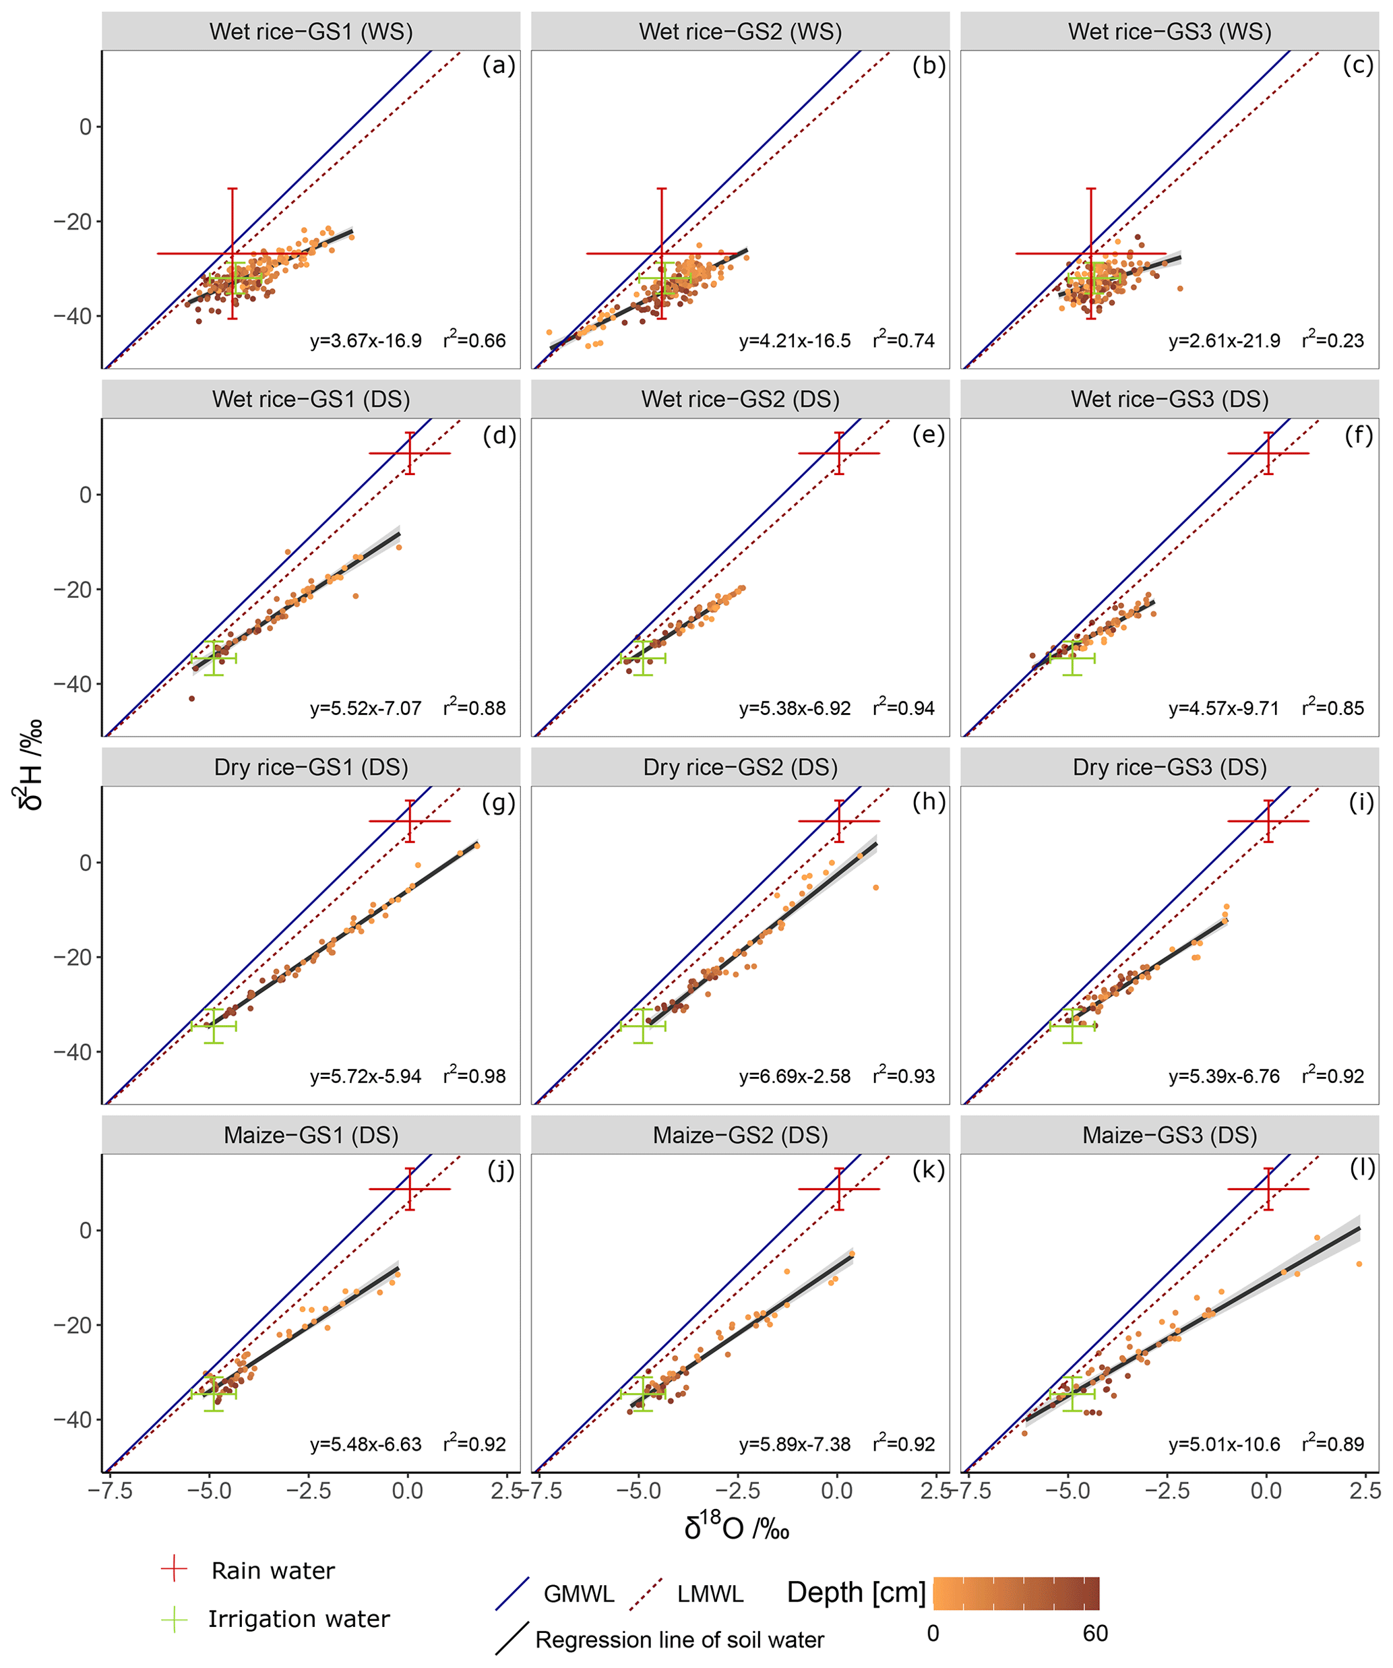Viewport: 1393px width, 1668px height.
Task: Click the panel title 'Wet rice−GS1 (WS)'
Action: pyautogui.click(x=311, y=32)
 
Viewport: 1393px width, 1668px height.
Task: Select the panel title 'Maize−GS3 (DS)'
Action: pyautogui.click(x=1169, y=1135)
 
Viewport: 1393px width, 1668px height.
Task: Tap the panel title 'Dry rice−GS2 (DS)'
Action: pyautogui.click(x=740, y=767)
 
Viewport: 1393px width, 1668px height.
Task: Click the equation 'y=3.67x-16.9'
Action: pyautogui.click(x=365, y=342)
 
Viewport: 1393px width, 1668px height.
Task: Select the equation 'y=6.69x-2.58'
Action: pyautogui.click(x=794, y=1077)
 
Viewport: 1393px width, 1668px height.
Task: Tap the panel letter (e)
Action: pyautogui.click(x=929, y=435)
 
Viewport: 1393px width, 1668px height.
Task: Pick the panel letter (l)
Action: pyautogui.click(x=1362, y=1169)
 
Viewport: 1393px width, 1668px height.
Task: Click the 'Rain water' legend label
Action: pyautogui.click(x=273, y=1571)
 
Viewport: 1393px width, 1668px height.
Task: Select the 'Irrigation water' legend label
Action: pyautogui.click(x=299, y=1619)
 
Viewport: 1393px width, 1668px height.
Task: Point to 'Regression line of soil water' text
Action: pyautogui.click(x=680, y=1640)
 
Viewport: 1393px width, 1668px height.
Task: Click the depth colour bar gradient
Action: pyautogui.click(x=1016, y=1593)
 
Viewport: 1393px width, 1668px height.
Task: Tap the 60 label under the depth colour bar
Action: pyautogui.click(x=1095, y=1633)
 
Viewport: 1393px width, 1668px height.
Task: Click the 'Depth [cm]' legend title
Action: pyautogui.click(x=856, y=1593)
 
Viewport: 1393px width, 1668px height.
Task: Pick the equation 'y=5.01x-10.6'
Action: pyautogui.click(x=1224, y=1444)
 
